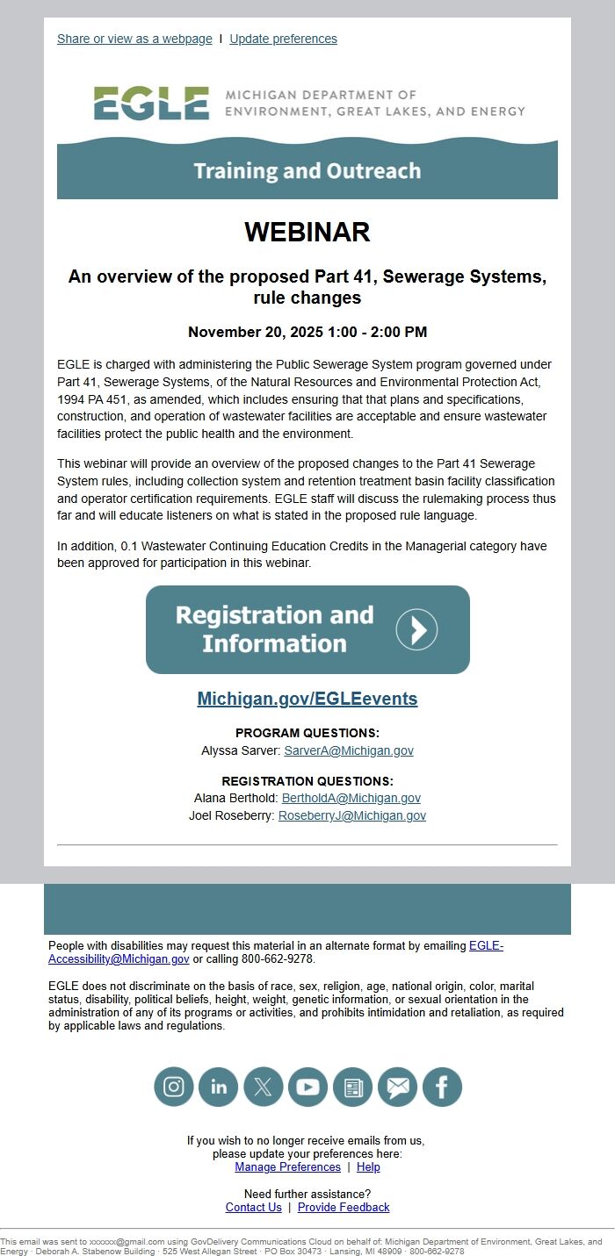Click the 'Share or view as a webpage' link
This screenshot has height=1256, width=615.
(134, 39)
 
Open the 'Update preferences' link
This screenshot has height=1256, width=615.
(283, 39)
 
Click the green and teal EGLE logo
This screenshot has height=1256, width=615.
(151, 104)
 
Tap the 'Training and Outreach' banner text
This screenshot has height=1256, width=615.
(307, 170)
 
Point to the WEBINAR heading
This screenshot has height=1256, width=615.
(307, 232)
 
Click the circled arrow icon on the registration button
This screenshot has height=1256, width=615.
(416, 629)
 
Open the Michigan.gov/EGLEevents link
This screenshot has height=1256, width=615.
(307, 699)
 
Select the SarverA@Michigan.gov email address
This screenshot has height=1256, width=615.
(349, 750)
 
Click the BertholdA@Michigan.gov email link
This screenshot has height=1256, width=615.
(351, 798)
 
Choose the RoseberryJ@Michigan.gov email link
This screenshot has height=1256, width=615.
(352, 815)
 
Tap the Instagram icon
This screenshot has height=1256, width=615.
(174, 1087)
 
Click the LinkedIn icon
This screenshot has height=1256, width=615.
(219, 1087)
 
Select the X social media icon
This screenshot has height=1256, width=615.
(263, 1087)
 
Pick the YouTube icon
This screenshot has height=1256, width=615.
(307, 1087)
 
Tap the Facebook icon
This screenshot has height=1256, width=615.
(442, 1087)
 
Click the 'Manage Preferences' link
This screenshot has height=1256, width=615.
(287, 1166)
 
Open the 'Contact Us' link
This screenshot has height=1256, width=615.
(254, 1207)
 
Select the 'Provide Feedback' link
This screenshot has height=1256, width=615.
(344, 1207)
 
